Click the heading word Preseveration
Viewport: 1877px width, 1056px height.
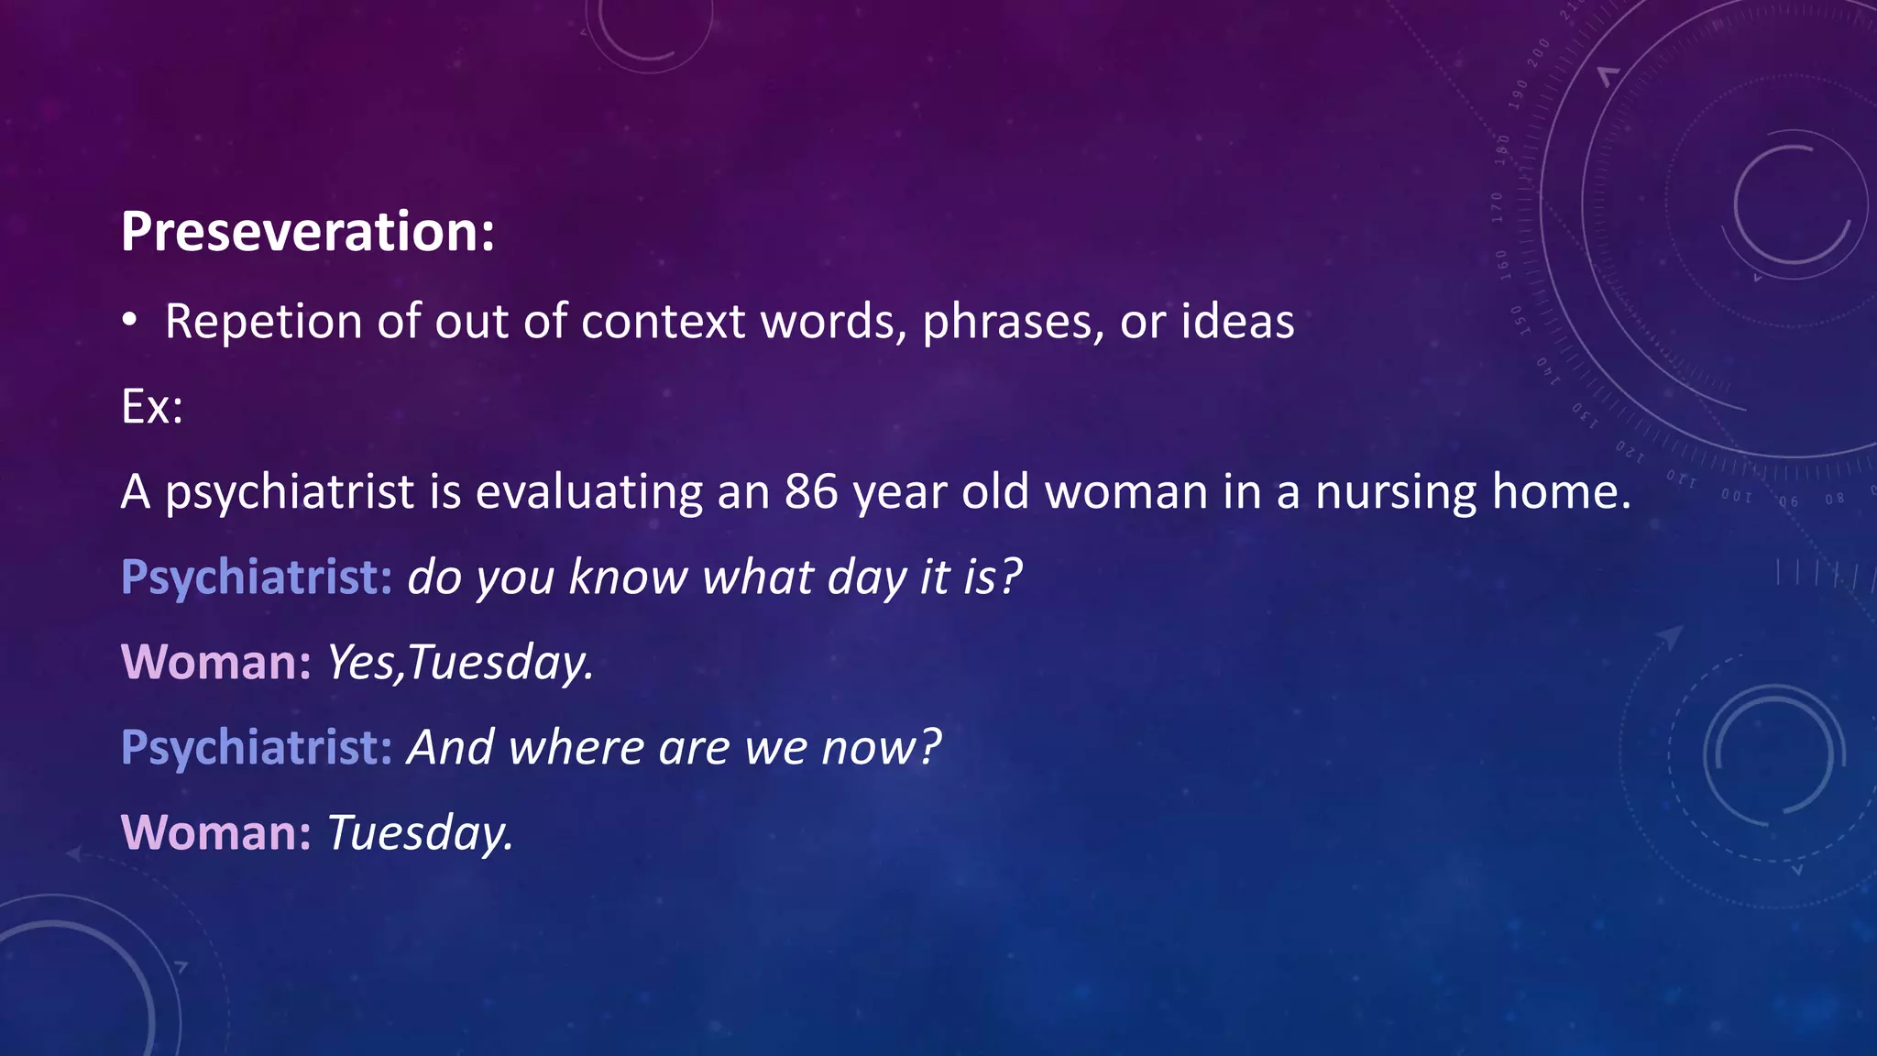pos(307,231)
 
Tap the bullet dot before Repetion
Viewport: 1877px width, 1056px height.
pos(130,320)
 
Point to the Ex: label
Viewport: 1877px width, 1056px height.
pos(152,406)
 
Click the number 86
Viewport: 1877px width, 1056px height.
pos(811,491)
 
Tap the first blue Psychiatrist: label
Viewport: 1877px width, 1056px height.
pos(257,577)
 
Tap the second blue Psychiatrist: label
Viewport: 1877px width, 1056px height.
pos(257,747)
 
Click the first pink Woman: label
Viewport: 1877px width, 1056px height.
pos(216,662)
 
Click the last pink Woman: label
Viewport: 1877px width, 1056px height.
pos(216,832)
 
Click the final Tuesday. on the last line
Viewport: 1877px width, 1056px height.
pos(420,832)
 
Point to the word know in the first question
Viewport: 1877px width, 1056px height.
pos(628,577)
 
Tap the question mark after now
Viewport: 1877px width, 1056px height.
pos(930,747)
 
